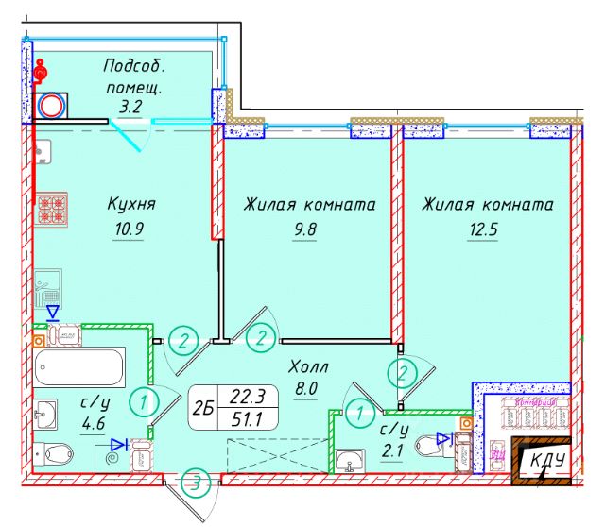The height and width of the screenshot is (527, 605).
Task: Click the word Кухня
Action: pyautogui.click(x=131, y=204)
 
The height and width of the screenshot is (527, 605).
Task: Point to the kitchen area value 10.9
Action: pyautogui.click(x=129, y=229)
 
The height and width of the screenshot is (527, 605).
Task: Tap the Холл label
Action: pyautogui.click(x=308, y=366)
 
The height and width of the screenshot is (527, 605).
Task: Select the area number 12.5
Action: pyautogui.click(x=483, y=229)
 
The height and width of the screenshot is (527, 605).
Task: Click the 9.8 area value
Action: pyautogui.click(x=304, y=229)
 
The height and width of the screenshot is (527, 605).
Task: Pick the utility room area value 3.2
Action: pyautogui.click(x=130, y=107)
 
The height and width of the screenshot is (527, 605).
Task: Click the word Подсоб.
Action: pyautogui.click(x=134, y=66)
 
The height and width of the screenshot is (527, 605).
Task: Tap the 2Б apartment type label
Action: pyautogui.click(x=203, y=408)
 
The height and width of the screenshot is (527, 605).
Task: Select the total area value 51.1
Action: pyautogui.click(x=247, y=419)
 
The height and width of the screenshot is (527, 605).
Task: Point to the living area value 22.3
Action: pyautogui.click(x=248, y=397)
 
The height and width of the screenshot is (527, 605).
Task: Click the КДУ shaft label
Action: pyautogui.click(x=547, y=460)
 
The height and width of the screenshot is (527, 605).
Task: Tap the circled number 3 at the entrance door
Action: pyautogui.click(x=197, y=483)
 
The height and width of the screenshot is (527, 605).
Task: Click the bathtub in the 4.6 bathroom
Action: pyautogui.click(x=78, y=367)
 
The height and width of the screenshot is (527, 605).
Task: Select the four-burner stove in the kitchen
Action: pyautogui.click(x=52, y=209)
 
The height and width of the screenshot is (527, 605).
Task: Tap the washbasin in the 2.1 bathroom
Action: pyautogui.click(x=350, y=460)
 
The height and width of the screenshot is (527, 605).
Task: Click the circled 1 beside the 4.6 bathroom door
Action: pyautogui.click(x=143, y=402)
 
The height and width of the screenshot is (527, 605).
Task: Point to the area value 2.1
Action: pyautogui.click(x=392, y=451)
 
